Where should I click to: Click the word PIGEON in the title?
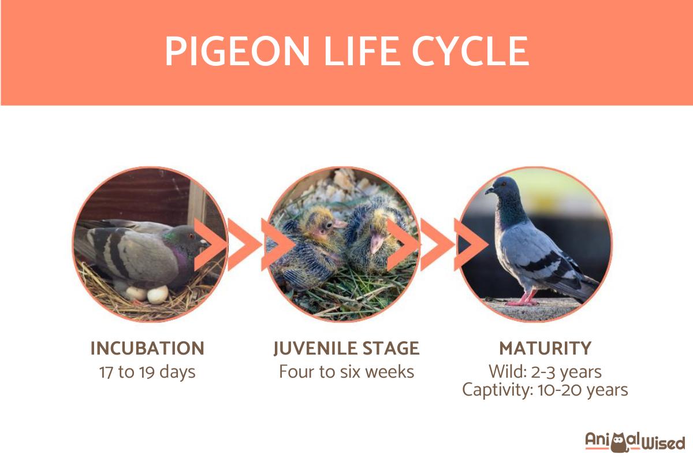237,51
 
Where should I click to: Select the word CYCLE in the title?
470,51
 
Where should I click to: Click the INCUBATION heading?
147,348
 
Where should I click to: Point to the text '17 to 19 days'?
147,372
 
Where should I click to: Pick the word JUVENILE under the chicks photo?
315,349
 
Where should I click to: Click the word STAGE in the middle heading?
391,348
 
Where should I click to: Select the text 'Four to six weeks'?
346,372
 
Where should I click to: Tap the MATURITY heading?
545,348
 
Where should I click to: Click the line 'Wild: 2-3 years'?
545,372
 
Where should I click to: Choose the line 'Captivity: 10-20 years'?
545,390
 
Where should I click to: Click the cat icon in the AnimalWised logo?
619,442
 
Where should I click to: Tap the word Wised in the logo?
664,443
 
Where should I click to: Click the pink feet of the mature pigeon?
523,300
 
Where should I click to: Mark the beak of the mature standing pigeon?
489,190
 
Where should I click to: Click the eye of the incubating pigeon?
191,236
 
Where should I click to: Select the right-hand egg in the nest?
158,294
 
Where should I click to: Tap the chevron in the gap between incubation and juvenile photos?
245,244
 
